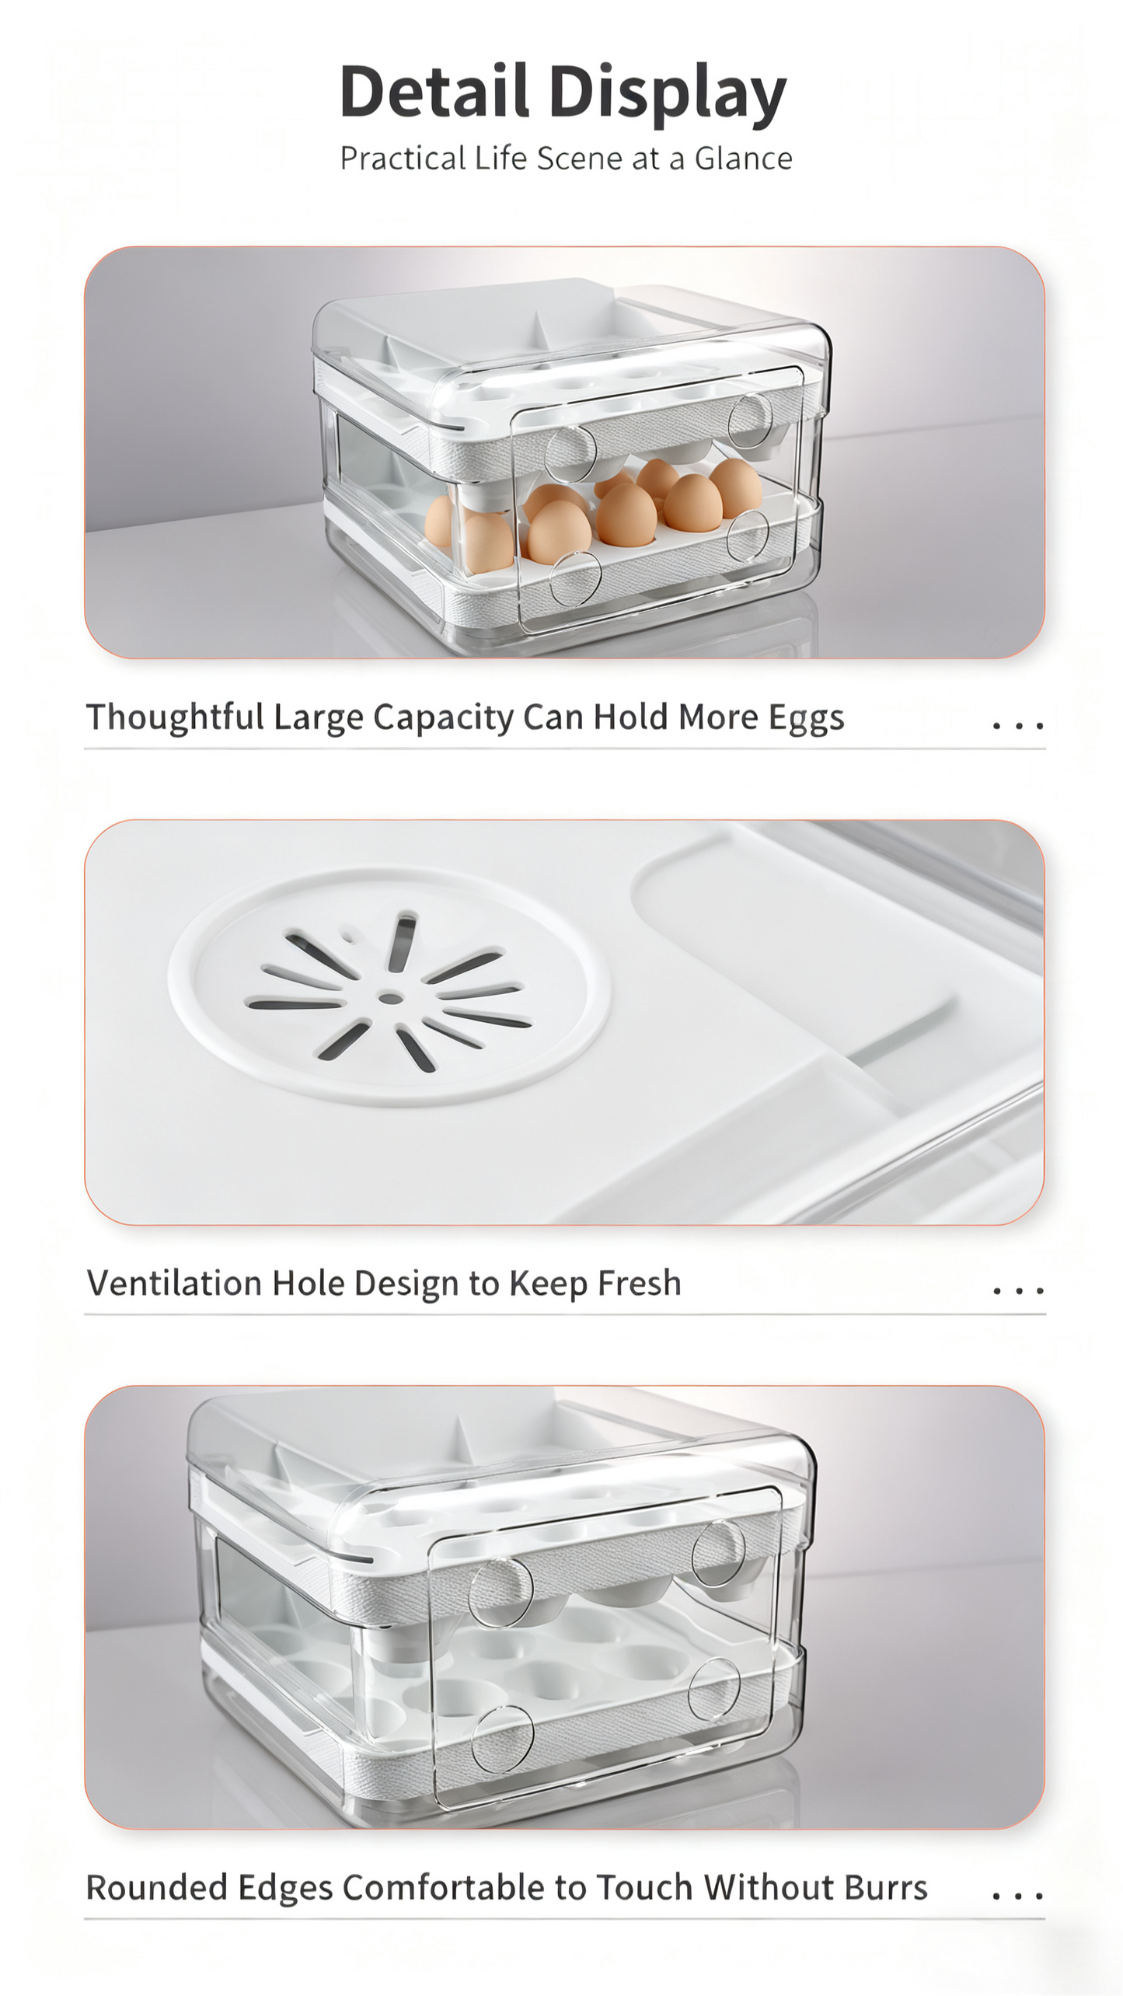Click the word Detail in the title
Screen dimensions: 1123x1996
[x=434, y=91]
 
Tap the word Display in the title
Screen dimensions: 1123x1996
[x=668, y=94]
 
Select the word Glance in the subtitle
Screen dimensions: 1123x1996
[x=743, y=159]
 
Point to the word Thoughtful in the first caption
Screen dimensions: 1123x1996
[x=175, y=717]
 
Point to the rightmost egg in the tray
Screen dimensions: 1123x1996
[x=735, y=487]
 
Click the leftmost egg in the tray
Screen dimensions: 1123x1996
[x=440, y=522]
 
